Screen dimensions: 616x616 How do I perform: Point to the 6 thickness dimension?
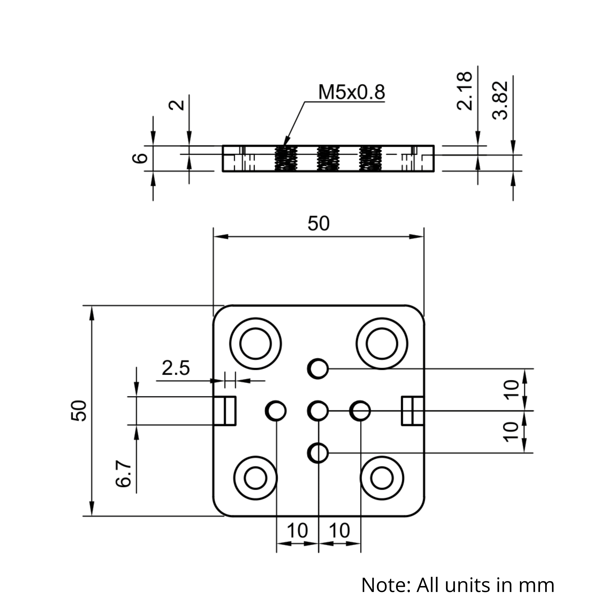(140, 158)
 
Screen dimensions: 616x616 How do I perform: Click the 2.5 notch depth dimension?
(176, 368)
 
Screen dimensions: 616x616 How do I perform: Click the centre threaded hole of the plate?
(318, 411)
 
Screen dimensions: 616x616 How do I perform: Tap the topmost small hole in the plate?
(318, 369)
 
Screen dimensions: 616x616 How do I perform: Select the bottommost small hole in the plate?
(318, 453)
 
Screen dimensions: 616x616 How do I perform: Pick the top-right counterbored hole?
(382, 344)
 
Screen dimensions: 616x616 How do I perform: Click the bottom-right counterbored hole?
(382, 478)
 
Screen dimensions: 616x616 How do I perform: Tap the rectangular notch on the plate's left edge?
(225, 411)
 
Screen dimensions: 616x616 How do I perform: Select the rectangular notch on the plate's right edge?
(413, 411)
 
